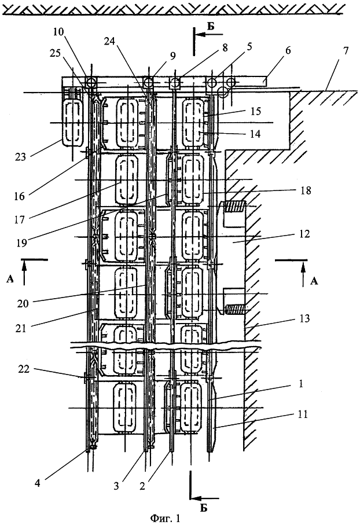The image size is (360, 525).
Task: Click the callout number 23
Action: [20, 156]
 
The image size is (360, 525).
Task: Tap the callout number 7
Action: [346, 50]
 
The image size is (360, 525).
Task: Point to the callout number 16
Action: [20, 196]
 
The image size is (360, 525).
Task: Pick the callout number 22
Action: [24, 369]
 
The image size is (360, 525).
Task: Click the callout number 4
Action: [38, 483]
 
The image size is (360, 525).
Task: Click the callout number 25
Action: [55, 53]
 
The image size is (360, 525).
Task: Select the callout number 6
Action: [288, 50]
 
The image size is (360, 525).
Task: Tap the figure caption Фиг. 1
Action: [165, 518]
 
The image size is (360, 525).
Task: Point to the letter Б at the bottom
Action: [204, 508]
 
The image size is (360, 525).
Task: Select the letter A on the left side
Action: [10, 279]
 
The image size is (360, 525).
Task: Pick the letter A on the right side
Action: [314, 281]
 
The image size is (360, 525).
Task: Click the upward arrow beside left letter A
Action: [24, 273]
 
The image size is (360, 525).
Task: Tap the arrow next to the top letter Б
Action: [208, 35]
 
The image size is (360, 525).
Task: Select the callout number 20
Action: [23, 304]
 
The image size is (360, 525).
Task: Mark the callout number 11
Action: [302, 414]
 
